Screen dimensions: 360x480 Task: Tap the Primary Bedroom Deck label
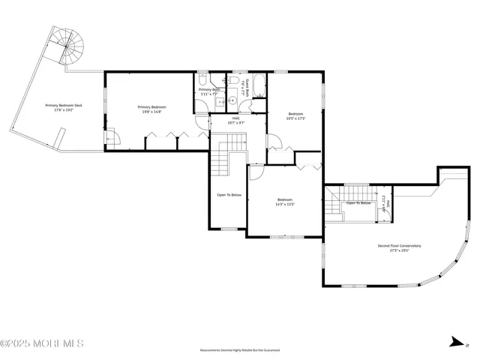[64, 107]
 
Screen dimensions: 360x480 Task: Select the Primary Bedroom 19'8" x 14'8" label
[152, 109]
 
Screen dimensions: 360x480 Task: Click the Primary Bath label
[208, 91]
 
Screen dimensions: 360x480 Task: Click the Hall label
[235, 120]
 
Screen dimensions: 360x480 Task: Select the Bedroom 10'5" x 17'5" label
[295, 115]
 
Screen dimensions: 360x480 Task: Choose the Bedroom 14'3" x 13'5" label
[284, 201]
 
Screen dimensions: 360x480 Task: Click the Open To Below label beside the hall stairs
[229, 195]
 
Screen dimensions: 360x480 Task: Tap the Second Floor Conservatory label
[399, 247]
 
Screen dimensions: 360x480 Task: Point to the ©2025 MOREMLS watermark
[42, 343]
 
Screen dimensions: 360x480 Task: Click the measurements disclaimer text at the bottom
[240, 350]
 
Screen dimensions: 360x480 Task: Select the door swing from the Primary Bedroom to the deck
[112, 138]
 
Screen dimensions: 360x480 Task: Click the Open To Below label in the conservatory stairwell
[358, 202]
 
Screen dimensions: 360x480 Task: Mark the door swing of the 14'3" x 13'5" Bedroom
[255, 172]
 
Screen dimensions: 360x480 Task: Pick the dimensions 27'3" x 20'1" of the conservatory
[399, 251]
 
